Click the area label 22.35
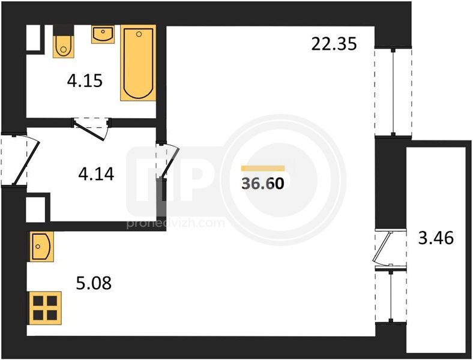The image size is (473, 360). point(334,43)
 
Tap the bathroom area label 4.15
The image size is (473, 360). point(85,81)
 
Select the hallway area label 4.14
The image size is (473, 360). point(96,174)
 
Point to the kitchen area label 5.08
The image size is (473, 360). point(94,283)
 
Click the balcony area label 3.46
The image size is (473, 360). point(436,238)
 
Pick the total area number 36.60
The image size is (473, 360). point(263,184)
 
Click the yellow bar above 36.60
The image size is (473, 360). point(263,168)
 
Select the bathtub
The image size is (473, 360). point(139,63)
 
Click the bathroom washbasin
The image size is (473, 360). point(103,34)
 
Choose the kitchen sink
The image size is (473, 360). point(41,247)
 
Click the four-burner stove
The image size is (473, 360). point(44,308)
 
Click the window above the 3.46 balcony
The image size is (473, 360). point(393,92)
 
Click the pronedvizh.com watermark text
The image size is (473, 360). point(175,223)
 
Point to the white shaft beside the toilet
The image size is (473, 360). point(33,38)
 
